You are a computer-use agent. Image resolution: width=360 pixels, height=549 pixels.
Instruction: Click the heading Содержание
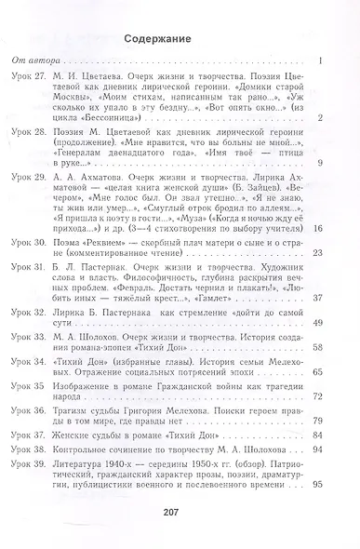(x=180, y=40)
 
